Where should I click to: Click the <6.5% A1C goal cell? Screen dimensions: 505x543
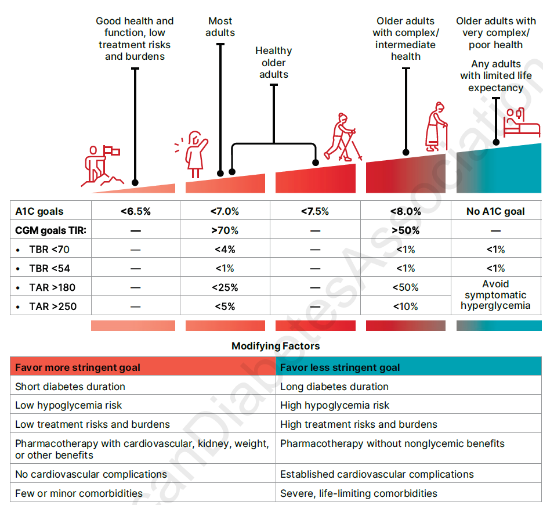click(136, 211)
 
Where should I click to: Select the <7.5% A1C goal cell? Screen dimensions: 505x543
click(315, 211)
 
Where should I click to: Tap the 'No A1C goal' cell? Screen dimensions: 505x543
click(495, 211)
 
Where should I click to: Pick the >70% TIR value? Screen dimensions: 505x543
click(225, 230)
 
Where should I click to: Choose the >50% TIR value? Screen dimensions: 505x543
click(406, 230)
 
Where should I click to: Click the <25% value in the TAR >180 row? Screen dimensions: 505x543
click(225, 287)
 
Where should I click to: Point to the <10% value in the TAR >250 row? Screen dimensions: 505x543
click(406, 306)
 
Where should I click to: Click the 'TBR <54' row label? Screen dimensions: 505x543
click(52, 268)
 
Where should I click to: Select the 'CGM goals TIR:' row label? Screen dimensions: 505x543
click(50, 230)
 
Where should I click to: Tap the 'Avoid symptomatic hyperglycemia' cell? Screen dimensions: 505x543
click(495, 295)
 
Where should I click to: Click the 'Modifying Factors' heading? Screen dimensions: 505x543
click(276, 346)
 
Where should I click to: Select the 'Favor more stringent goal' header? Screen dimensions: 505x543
click(78, 367)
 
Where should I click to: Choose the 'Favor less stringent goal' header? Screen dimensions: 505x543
click(340, 367)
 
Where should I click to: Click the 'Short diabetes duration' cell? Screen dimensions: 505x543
click(70, 387)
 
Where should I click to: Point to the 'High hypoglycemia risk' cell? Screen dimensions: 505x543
click(335, 405)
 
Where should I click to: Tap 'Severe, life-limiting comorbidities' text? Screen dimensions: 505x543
click(359, 493)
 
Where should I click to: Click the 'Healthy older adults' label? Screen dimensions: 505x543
click(274, 63)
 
